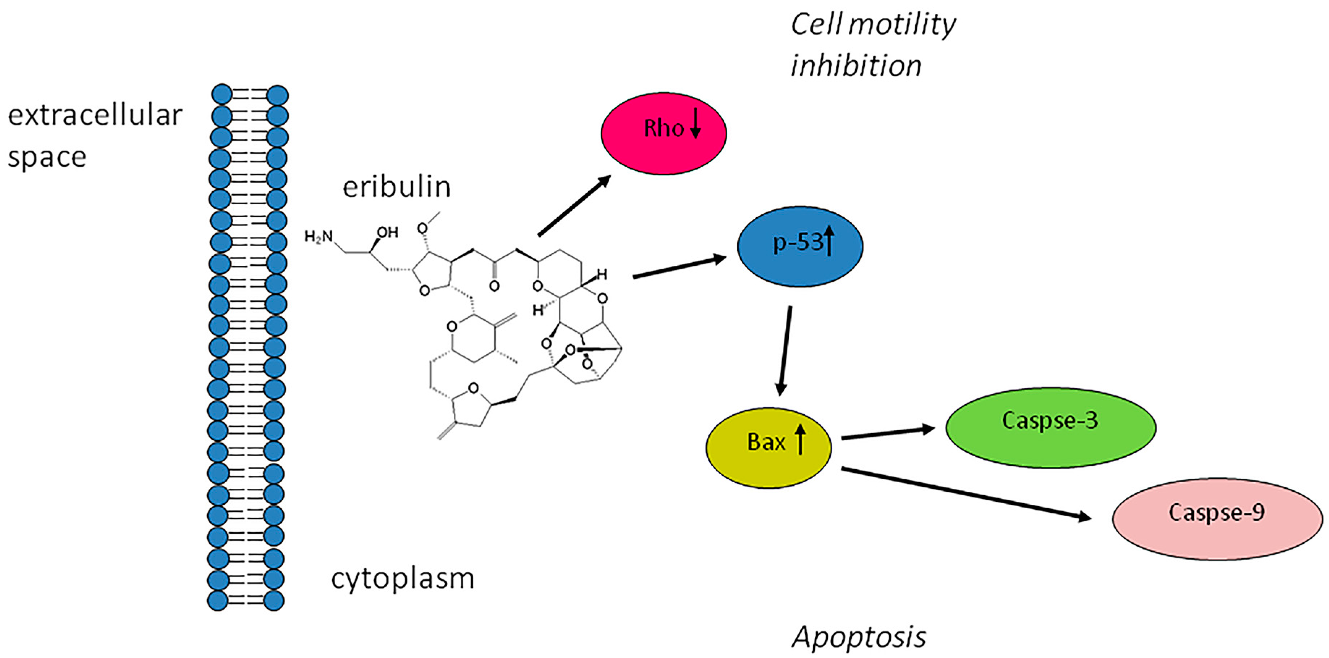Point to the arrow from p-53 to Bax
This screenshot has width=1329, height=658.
[785, 351]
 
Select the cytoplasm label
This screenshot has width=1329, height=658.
[402, 578]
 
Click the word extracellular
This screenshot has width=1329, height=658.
[95, 115]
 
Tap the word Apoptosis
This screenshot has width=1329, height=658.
[859, 637]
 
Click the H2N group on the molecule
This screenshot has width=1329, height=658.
[318, 237]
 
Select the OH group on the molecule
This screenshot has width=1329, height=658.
[387, 232]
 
